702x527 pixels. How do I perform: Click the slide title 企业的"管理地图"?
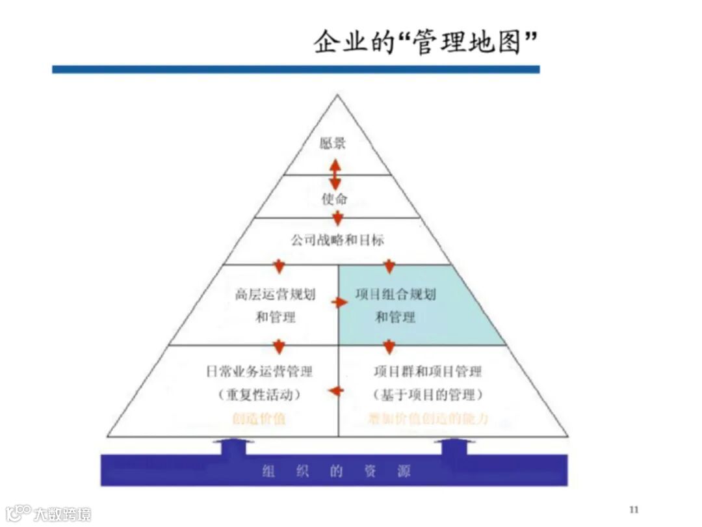(426, 42)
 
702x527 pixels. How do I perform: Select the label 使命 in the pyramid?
(334, 198)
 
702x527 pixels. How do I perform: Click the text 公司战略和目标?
(337, 241)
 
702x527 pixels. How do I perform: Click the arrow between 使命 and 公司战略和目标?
(337, 218)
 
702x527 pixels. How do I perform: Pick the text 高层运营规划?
(275, 295)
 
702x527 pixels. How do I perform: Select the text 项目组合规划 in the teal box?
(395, 295)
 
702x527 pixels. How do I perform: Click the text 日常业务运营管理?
(259, 372)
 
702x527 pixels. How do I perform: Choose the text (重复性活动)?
(259, 395)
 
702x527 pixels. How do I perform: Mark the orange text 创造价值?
(259, 419)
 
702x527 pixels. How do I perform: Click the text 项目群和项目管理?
(428, 372)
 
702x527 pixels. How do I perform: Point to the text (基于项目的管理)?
(428, 395)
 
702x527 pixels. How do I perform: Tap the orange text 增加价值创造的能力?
(428, 419)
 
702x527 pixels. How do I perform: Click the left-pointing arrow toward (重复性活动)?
(335, 390)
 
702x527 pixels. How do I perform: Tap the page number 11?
(634, 509)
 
